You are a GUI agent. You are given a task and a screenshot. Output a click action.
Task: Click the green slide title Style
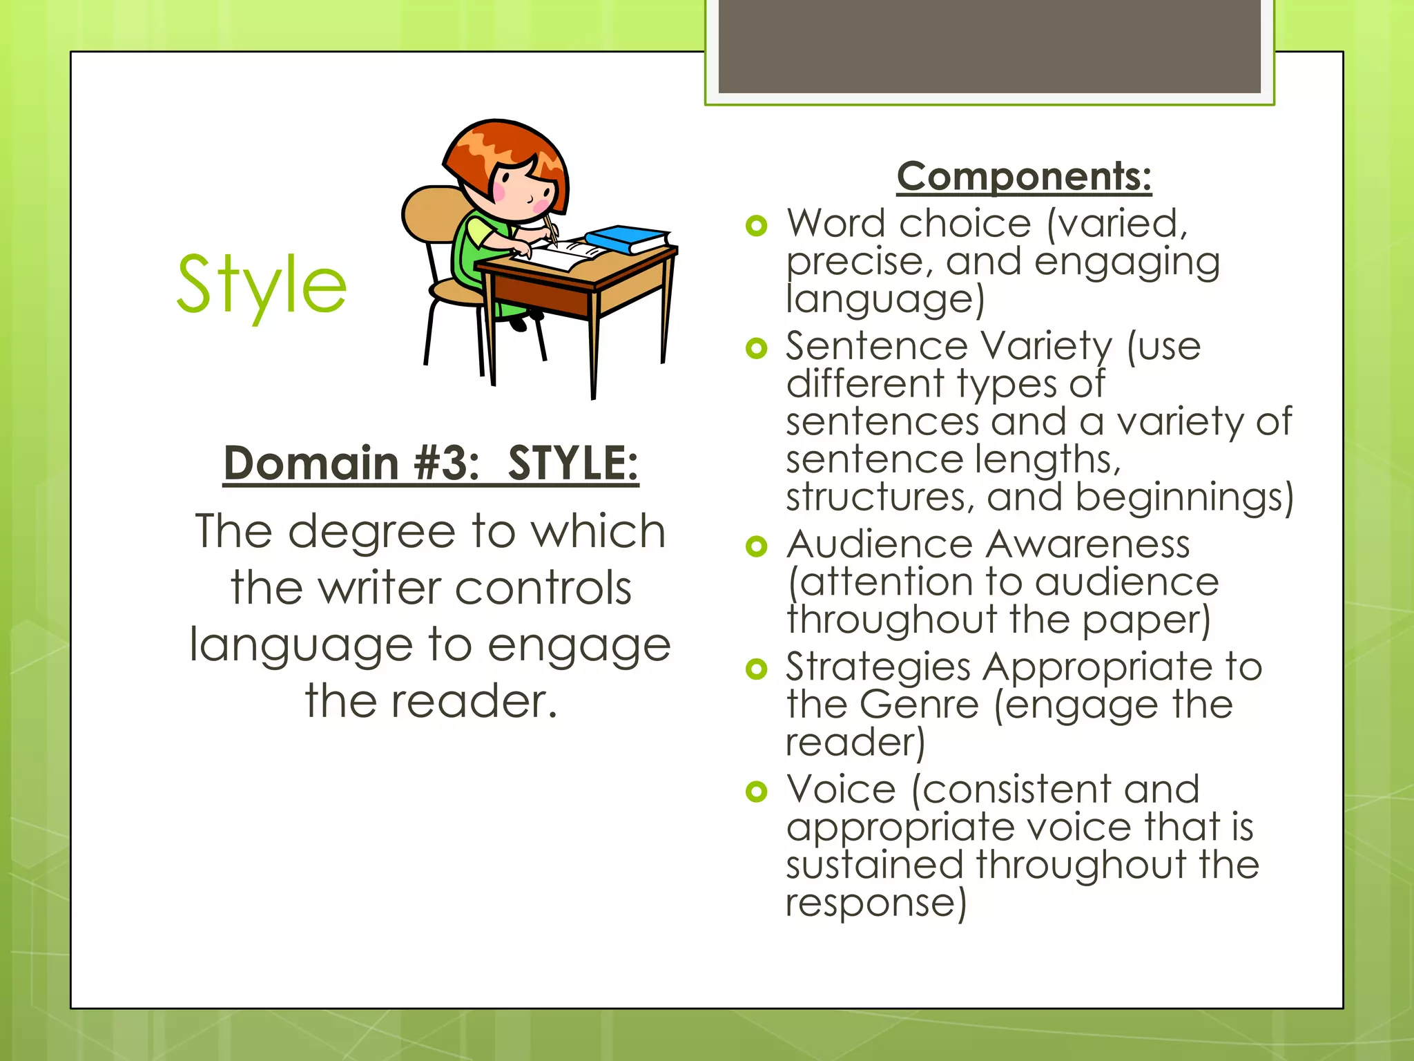[261, 285]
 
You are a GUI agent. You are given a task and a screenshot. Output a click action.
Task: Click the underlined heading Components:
[1024, 176]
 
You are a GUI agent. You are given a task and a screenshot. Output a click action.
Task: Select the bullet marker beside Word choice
[757, 226]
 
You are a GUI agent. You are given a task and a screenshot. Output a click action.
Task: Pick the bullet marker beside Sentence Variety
[757, 348]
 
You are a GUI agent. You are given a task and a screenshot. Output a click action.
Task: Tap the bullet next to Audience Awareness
[757, 546]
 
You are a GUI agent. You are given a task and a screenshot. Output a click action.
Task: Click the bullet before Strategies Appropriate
[757, 669]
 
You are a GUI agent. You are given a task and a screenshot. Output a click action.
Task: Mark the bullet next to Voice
[757, 791]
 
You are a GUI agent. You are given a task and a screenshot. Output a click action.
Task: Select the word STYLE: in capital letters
[573, 463]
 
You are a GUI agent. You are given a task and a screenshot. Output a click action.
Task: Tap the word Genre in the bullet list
[920, 705]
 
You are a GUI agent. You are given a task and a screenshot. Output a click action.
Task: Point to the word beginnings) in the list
[1184, 498]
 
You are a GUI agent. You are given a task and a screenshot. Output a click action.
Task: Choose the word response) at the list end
[876, 903]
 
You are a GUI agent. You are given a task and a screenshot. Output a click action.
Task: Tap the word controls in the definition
[543, 589]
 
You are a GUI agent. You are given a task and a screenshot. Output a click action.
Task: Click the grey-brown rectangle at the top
[989, 46]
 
